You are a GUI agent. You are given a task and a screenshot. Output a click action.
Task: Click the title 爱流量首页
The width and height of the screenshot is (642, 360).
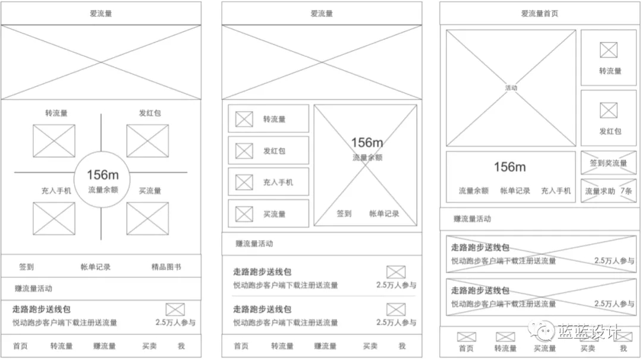click(539, 14)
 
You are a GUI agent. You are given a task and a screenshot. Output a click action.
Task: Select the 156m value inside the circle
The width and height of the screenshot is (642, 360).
click(103, 175)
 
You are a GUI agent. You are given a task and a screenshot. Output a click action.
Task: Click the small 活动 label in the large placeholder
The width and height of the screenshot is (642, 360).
click(511, 88)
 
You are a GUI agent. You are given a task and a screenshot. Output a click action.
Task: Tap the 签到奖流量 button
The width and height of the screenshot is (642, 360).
click(608, 163)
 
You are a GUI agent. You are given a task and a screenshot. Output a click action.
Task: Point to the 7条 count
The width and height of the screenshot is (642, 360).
click(626, 191)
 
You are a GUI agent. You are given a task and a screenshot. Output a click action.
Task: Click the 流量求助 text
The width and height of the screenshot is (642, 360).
click(600, 191)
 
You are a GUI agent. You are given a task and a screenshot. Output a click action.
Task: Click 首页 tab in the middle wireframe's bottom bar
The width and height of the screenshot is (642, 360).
click(241, 346)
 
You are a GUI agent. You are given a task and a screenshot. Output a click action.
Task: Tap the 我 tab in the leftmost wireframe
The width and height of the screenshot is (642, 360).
click(181, 346)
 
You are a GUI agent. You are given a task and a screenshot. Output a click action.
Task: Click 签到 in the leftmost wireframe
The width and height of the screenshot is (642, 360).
click(26, 267)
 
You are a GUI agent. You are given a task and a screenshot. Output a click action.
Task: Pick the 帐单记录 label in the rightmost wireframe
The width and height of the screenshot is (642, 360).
click(514, 191)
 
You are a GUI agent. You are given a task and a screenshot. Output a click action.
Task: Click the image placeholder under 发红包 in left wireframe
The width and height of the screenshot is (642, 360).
click(147, 141)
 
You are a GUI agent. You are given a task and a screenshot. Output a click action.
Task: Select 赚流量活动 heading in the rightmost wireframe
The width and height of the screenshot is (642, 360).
click(473, 219)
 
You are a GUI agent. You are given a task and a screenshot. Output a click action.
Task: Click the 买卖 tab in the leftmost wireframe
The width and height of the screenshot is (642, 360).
click(149, 346)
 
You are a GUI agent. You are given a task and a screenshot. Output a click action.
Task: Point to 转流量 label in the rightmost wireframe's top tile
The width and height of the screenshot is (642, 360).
click(610, 71)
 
